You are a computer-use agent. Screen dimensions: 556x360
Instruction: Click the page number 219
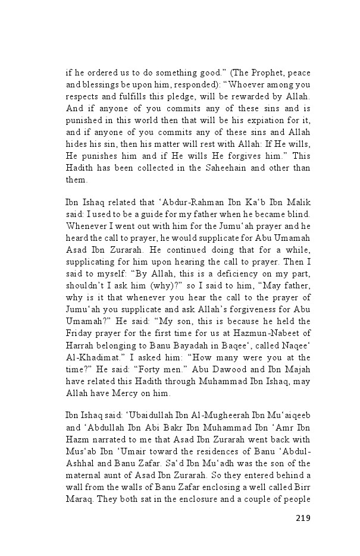[302, 517]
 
